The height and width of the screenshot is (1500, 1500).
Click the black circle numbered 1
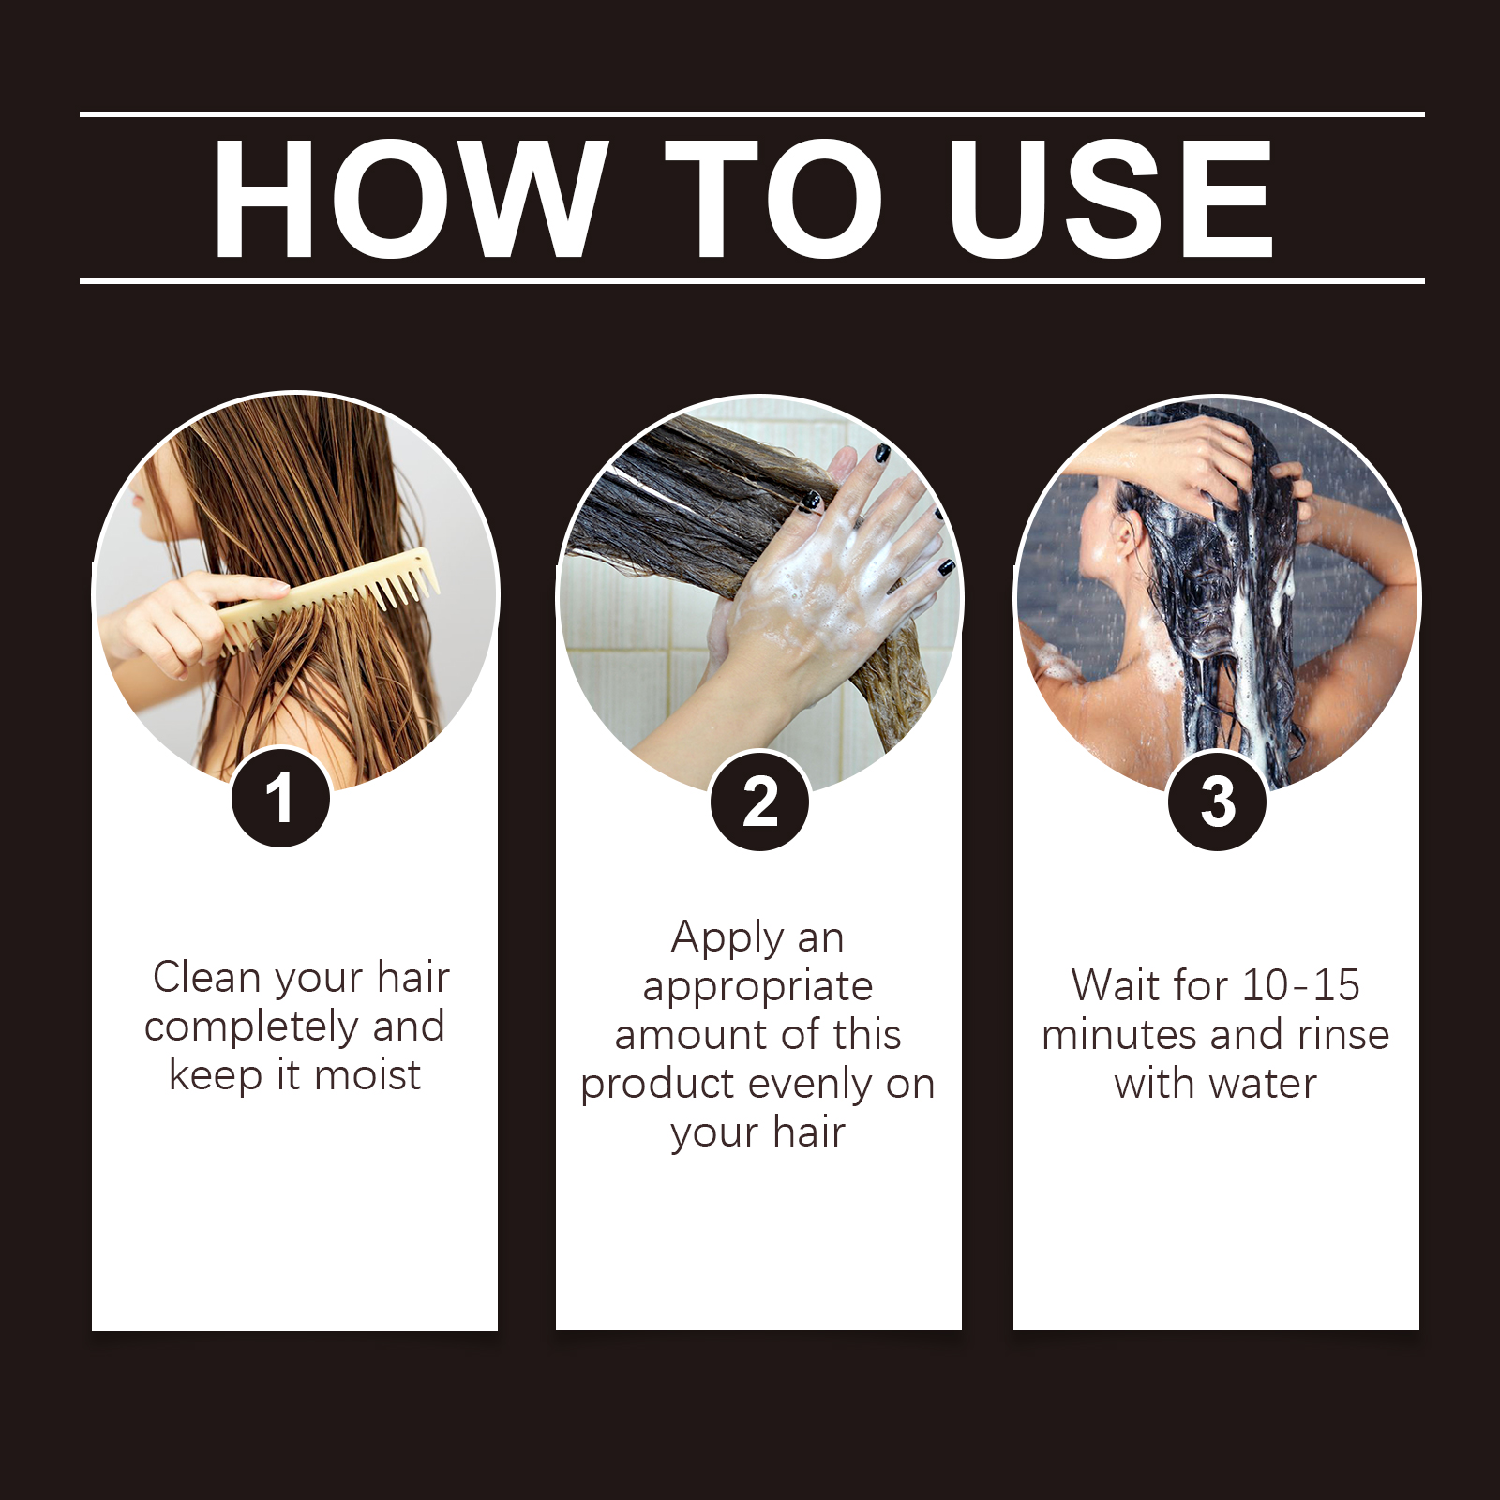tap(280, 798)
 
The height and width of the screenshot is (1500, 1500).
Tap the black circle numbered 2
tap(759, 802)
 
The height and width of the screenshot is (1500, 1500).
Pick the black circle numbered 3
tap(1217, 802)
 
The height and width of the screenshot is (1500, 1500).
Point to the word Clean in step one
tap(207, 977)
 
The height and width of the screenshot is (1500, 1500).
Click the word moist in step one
tap(367, 1074)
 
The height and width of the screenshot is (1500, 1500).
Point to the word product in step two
tap(657, 1086)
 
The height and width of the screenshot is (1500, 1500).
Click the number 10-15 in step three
tap(1300, 985)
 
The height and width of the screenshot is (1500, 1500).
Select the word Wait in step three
tap(1116, 985)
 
